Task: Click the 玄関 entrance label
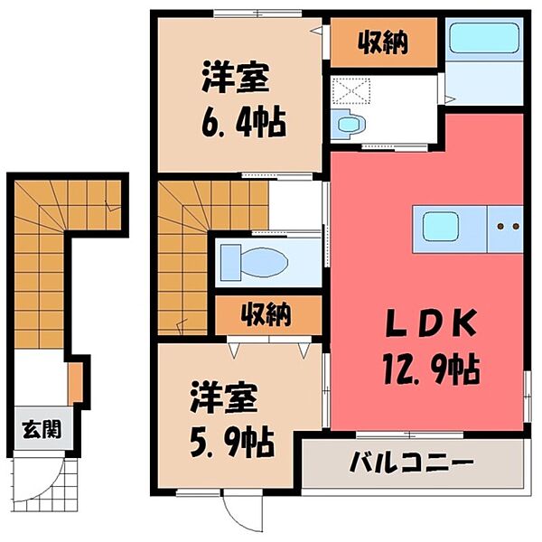tap(42, 428)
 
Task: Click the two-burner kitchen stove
tap(507, 226)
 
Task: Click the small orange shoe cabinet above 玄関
tap(76, 378)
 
